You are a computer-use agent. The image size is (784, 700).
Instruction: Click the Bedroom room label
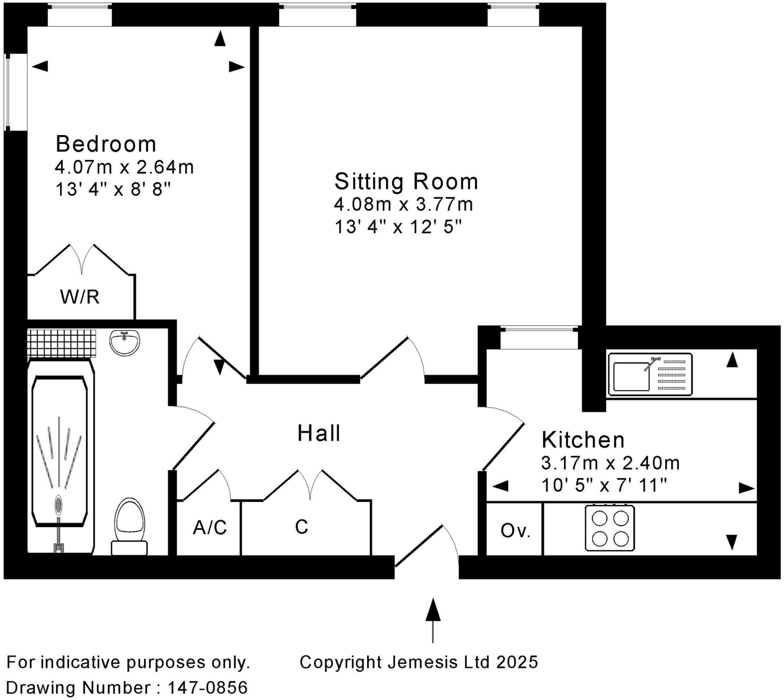click(x=106, y=144)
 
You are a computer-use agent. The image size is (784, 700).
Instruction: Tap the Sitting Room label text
click(x=406, y=182)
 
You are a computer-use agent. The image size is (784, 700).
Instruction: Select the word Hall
click(x=318, y=433)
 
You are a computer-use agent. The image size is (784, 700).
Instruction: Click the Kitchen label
click(x=583, y=440)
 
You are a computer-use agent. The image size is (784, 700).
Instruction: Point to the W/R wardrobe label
click(x=80, y=297)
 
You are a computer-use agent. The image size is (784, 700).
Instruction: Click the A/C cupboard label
click(x=210, y=527)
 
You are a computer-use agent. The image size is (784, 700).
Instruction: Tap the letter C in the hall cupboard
click(x=301, y=527)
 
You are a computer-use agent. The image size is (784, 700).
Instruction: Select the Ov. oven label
click(x=515, y=531)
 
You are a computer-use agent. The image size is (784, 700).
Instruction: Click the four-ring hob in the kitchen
click(x=610, y=529)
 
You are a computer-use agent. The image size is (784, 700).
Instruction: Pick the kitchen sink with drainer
click(x=650, y=374)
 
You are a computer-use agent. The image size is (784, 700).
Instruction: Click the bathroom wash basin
click(x=125, y=342)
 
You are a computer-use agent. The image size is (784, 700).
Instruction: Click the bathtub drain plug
click(x=58, y=504)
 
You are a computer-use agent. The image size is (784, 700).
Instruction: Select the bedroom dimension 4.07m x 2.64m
click(x=124, y=167)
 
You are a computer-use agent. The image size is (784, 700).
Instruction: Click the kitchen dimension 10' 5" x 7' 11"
click(x=604, y=485)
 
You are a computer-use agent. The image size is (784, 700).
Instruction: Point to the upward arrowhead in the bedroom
click(x=220, y=39)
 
